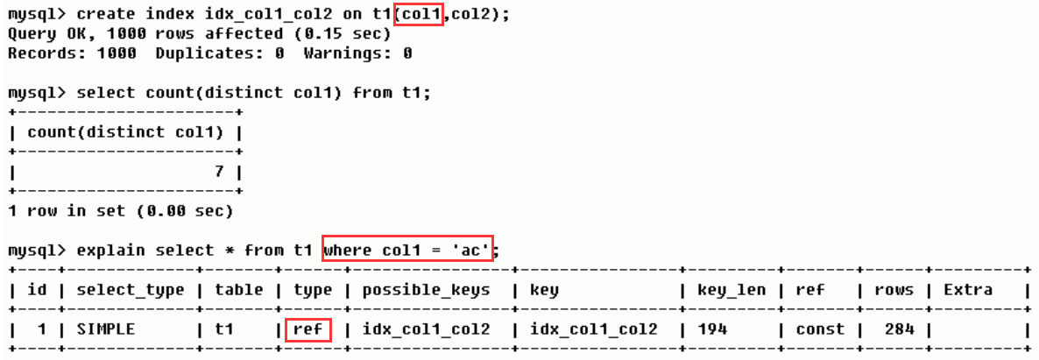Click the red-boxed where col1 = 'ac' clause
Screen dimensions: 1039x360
pos(408,251)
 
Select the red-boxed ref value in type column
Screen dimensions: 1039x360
pos(307,329)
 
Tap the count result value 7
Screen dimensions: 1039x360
pos(220,172)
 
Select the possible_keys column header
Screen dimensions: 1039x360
pos(426,290)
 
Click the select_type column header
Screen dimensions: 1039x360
pos(131,290)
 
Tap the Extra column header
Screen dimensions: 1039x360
pos(967,290)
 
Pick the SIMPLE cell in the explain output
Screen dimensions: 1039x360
pos(106,329)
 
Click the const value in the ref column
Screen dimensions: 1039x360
pos(820,329)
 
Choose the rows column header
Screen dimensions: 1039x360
pos(894,290)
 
